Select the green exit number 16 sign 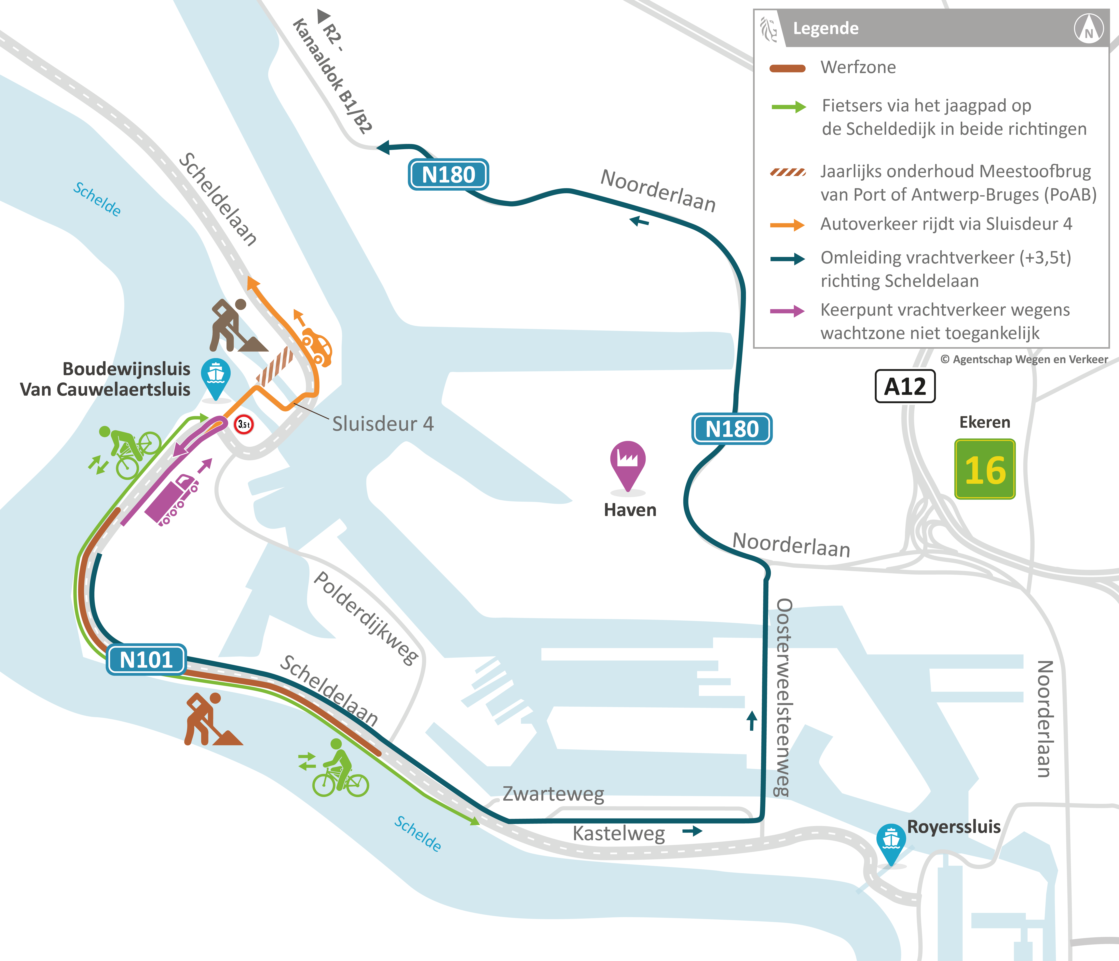point(985,469)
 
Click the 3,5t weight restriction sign point(244,425)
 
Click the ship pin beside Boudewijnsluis point(216,377)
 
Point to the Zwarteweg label point(553,794)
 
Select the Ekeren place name point(984,422)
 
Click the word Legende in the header point(825,28)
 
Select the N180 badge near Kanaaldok point(448,175)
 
